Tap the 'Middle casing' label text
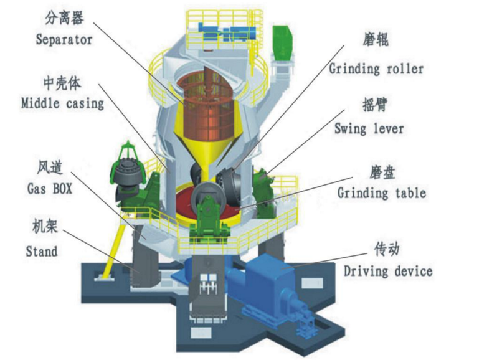coord(62,103)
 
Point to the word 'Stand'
coord(42,252)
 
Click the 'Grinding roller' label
coord(376,68)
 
